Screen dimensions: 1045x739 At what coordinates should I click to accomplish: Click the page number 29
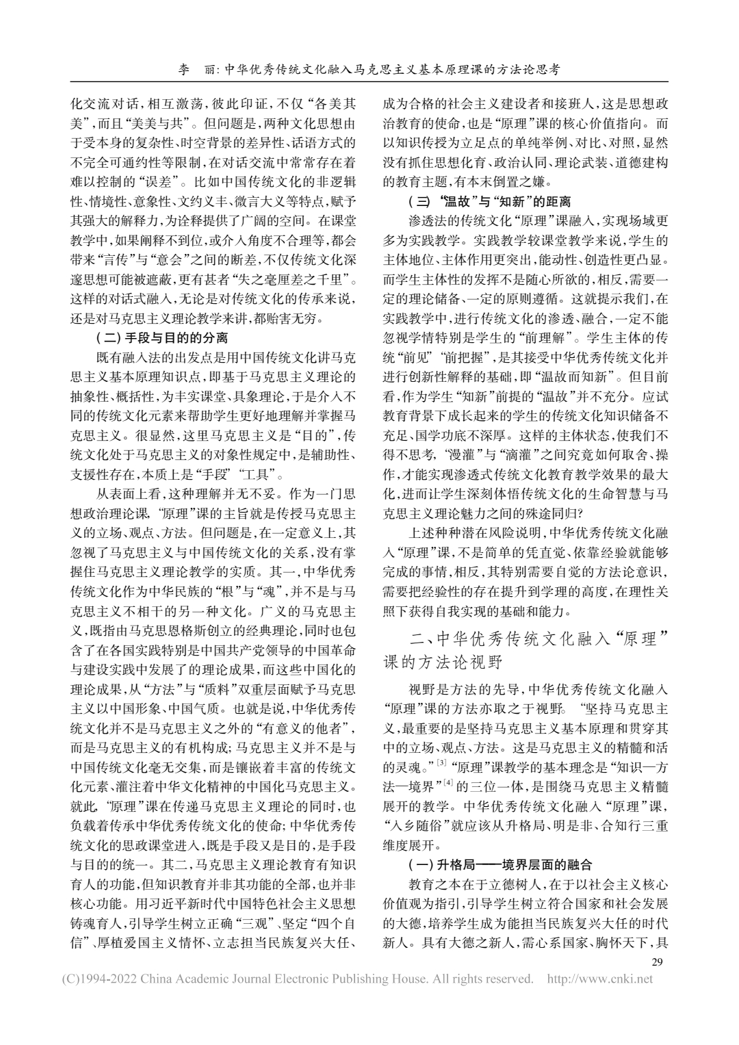660,964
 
